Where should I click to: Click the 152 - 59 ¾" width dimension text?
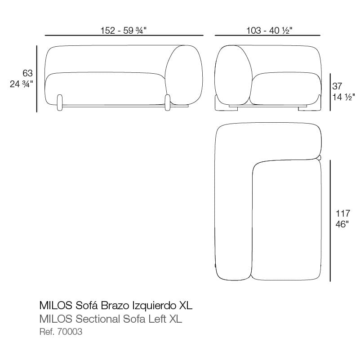[124, 30]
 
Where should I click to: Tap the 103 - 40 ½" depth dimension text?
[269, 30]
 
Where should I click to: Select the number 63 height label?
[27, 73]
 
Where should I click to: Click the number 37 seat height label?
[337, 86]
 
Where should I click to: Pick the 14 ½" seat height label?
[344, 97]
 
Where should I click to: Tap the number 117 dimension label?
[343, 213]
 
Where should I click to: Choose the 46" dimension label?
[342, 224]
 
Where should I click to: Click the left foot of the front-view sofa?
[59, 102]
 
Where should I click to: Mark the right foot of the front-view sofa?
[168, 102]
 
